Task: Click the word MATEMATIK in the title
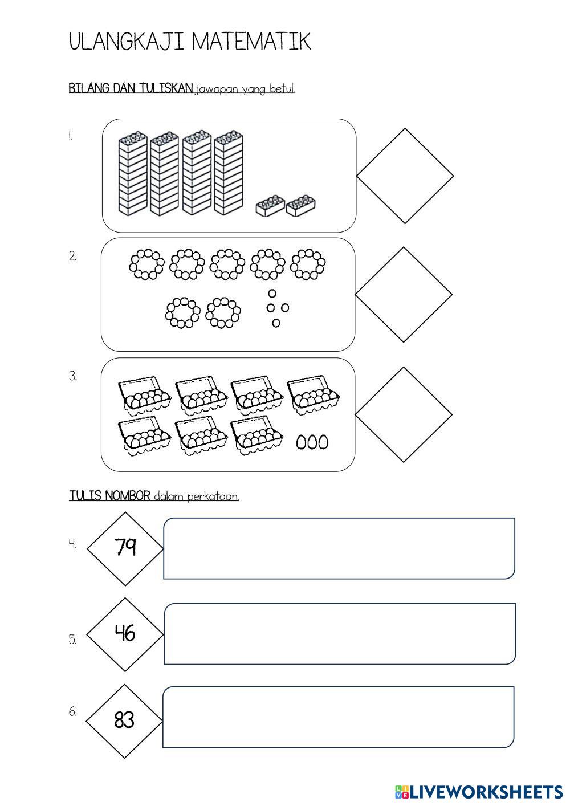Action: coord(251,42)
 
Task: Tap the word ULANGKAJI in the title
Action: coord(127,42)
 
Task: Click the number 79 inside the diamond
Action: coord(125,547)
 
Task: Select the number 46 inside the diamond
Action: coord(125,632)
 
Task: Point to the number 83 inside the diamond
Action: coord(124,720)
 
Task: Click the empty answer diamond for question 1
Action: coord(405,176)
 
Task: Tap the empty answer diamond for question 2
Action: coord(404,294)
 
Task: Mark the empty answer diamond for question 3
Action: coord(404,414)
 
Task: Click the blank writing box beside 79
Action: coord(339,548)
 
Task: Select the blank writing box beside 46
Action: coord(340,633)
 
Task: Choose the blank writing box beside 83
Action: coord(339,717)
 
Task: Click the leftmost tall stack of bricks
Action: coord(133,174)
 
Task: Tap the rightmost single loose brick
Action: coord(301,206)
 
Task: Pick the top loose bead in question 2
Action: coord(272,293)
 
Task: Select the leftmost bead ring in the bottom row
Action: coord(183,313)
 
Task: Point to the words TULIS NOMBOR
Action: coord(110,496)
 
